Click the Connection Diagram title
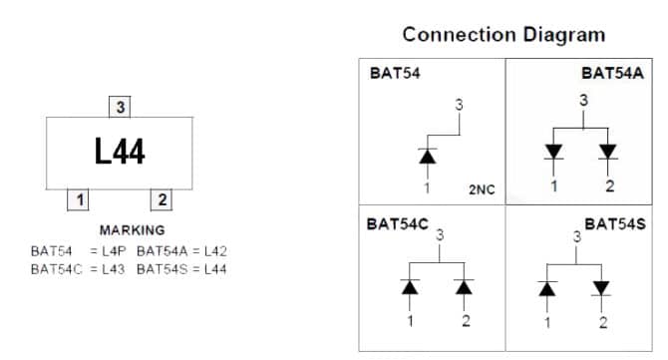[503, 34]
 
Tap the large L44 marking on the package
[120, 153]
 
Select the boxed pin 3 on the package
[120, 106]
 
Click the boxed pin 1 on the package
[77, 199]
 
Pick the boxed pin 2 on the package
[162, 199]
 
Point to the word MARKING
[132, 230]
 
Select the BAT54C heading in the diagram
[398, 223]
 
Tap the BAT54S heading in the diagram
[614, 224]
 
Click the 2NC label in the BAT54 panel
[482, 187]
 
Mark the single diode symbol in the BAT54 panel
[428, 156]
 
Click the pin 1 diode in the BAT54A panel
[554, 152]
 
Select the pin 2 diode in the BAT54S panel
[602, 288]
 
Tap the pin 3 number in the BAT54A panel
[583, 100]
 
